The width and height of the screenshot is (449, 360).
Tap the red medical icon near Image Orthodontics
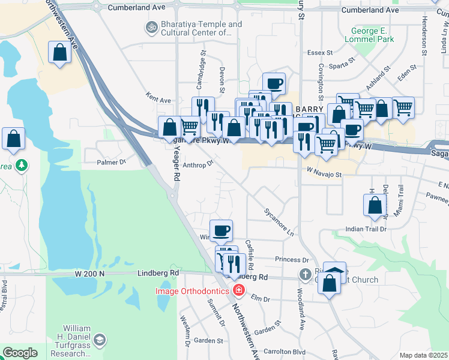coord(238,291)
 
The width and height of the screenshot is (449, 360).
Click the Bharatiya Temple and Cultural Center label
coord(193,29)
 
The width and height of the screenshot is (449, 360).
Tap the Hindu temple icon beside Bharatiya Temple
coord(150,26)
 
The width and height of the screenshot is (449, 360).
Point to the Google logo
coord(20,353)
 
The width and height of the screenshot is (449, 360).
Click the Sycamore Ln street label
coord(279,221)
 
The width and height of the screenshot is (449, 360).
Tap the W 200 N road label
coord(90,273)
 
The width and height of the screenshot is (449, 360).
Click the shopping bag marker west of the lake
coord(14,140)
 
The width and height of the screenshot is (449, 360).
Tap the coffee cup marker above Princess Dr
coord(221,230)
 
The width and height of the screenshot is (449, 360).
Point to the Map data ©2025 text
coord(423,355)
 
